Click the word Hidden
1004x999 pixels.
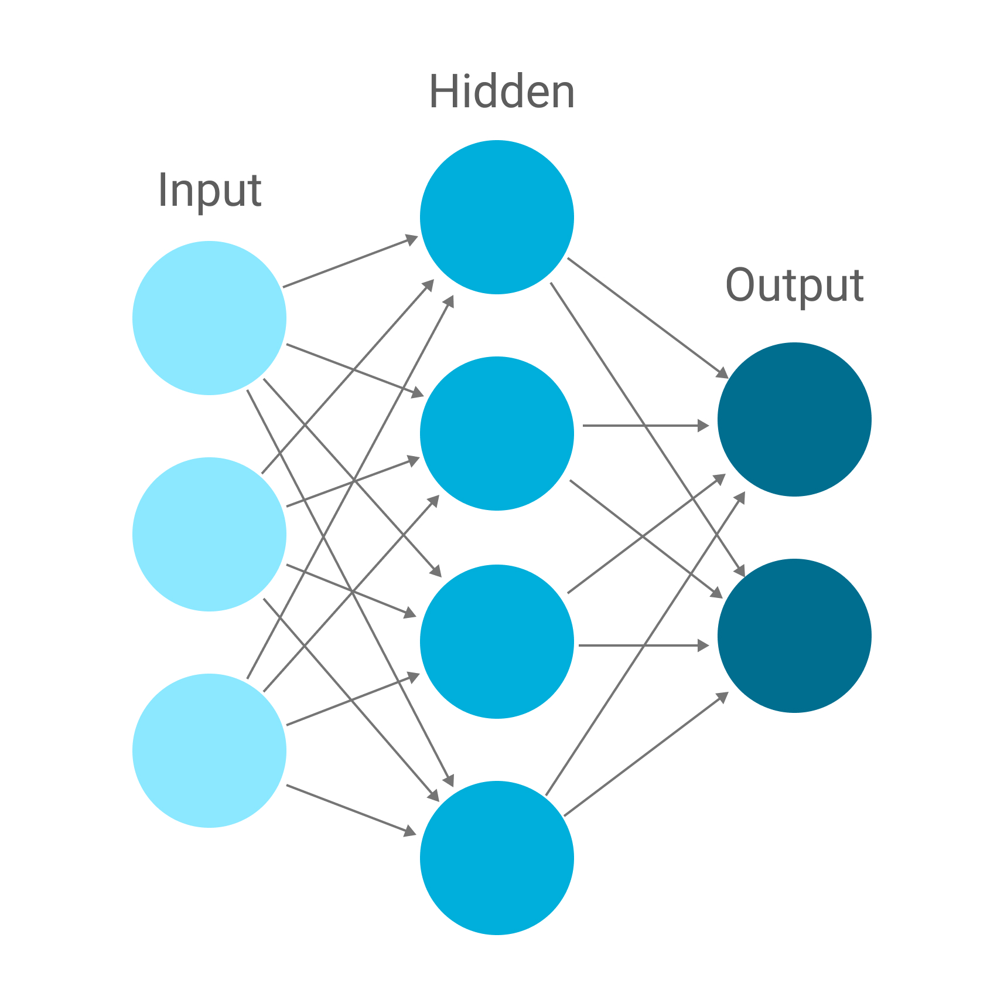(x=501, y=92)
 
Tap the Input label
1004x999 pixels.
(x=209, y=191)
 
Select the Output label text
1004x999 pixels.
(x=794, y=286)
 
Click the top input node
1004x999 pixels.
(x=209, y=318)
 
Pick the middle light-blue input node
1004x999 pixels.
(x=209, y=534)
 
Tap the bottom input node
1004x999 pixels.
(x=209, y=750)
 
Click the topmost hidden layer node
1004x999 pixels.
(x=497, y=217)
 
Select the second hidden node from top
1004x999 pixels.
(x=497, y=433)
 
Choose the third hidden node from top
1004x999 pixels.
(x=497, y=641)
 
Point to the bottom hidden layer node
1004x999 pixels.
(x=497, y=858)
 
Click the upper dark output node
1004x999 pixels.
(x=794, y=419)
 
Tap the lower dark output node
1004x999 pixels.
(x=794, y=636)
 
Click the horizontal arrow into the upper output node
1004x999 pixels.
(x=644, y=426)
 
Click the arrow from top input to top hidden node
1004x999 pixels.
(x=350, y=262)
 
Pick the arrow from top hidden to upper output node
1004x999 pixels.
(x=647, y=317)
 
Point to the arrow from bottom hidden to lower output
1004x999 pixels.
(x=646, y=755)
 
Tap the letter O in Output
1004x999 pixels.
(x=740, y=285)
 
